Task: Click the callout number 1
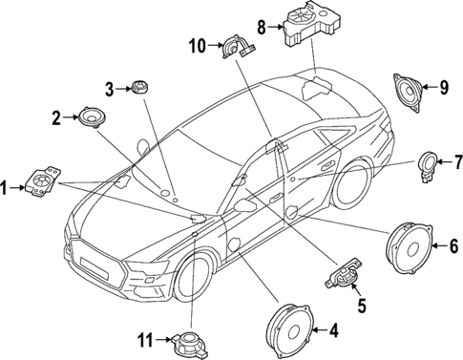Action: tap(7, 188)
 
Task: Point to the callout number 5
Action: tap(361, 307)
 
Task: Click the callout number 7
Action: tap(456, 160)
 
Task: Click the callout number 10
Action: tap(196, 45)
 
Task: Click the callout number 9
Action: tap(444, 89)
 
